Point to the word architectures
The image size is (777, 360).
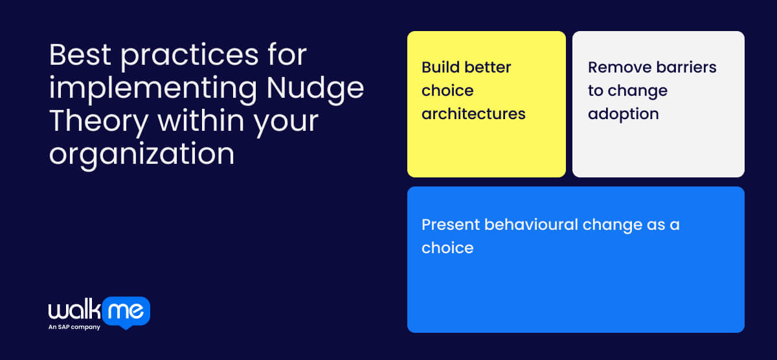[473, 114]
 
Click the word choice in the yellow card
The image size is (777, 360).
[447, 91]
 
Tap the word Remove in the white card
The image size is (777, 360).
[618, 67]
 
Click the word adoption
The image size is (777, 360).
[623, 114]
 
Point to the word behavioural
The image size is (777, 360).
[532, 225]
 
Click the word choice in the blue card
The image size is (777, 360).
[447, 248]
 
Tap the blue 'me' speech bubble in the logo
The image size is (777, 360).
[126, 311]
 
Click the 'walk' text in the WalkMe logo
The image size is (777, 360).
[74, 311]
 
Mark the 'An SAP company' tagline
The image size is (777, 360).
[74, 327]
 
